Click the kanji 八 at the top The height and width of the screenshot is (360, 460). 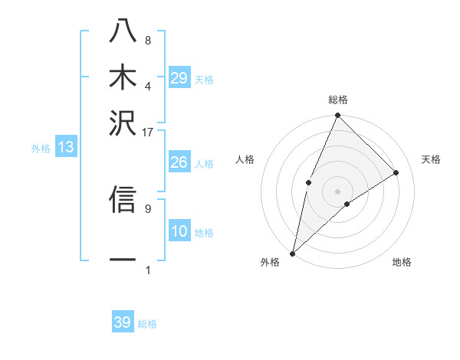[x=123, y=31]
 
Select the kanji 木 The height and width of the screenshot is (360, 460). [x=123, y=77]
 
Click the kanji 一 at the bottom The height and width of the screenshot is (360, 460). [x=123, y=260]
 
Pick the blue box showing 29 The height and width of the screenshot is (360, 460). [x=179, y=79]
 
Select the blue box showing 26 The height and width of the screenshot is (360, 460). [x=179, y=162]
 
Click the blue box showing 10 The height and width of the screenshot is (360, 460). [x=179, y=231]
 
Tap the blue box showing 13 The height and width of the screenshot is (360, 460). [x=66, y=148]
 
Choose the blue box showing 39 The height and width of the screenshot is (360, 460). [x=123, y=322]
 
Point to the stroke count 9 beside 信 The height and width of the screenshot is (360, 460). [x=148, y=207]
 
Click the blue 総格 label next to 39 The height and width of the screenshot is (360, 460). [x=147, y=324]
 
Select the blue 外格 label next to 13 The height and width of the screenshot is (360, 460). [x=41, y=149]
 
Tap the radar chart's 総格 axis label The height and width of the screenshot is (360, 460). [x=338, y=100]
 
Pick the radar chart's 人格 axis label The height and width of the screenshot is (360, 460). [x=245, y=159]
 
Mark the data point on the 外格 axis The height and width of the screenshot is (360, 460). [x=292, y=253]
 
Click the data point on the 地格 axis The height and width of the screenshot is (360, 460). [x=347, y=204]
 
